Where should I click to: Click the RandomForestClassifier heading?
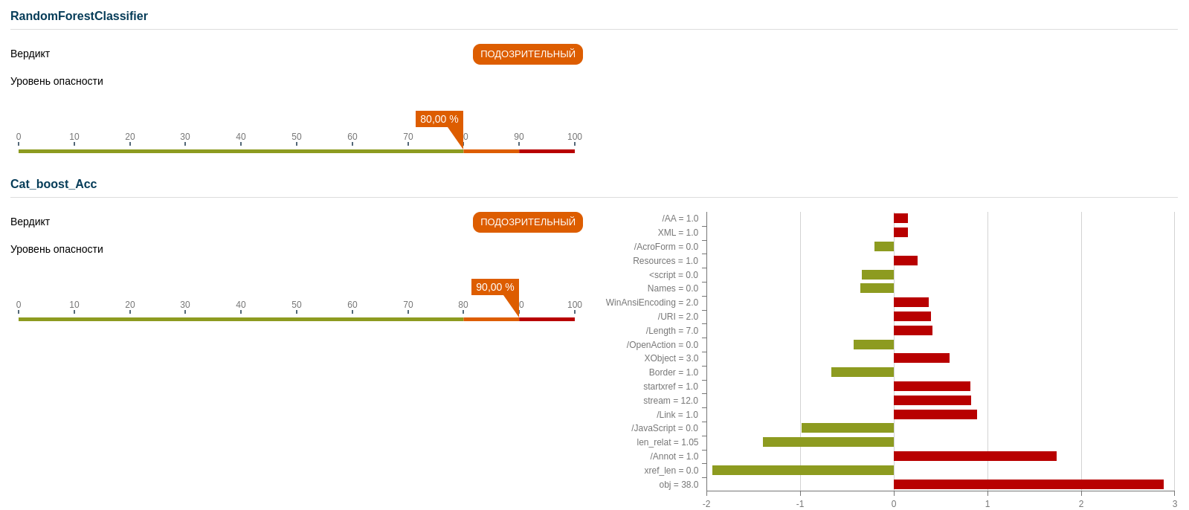click(79, 16)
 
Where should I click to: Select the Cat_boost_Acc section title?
click(54, 184)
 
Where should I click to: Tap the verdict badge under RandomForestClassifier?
click(527, 54)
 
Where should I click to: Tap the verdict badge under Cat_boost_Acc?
click(527, 222)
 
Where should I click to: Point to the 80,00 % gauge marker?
click(439, 120)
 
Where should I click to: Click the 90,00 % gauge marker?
click(494, 288)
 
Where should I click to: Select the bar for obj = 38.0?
click(1028, 485)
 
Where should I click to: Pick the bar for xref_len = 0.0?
click(803, 471)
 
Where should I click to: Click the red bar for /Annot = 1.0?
click(975, 456)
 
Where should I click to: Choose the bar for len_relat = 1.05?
click(828, 442)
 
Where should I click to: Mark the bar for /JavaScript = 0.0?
click(848, 428)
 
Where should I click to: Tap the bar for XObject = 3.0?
click(921, 358)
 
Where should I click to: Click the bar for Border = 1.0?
click(863, 372)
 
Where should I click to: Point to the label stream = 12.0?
click(671, 401)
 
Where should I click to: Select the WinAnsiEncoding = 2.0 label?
click(652, 303)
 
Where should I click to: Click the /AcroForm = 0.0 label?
click(666, 247)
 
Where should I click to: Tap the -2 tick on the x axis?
click(706, 504)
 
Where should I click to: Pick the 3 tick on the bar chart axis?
click(1175, 504)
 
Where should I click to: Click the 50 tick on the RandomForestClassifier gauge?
click(297, 138)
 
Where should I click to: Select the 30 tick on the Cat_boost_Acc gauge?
click(185, 306)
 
